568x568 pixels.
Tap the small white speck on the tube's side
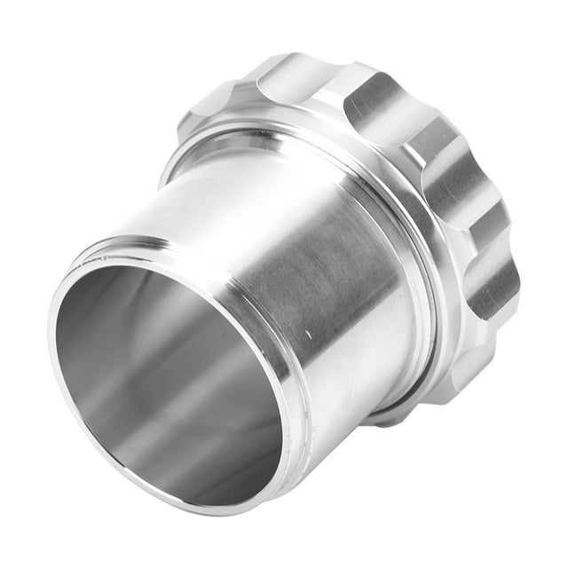(x=308, y=335)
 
